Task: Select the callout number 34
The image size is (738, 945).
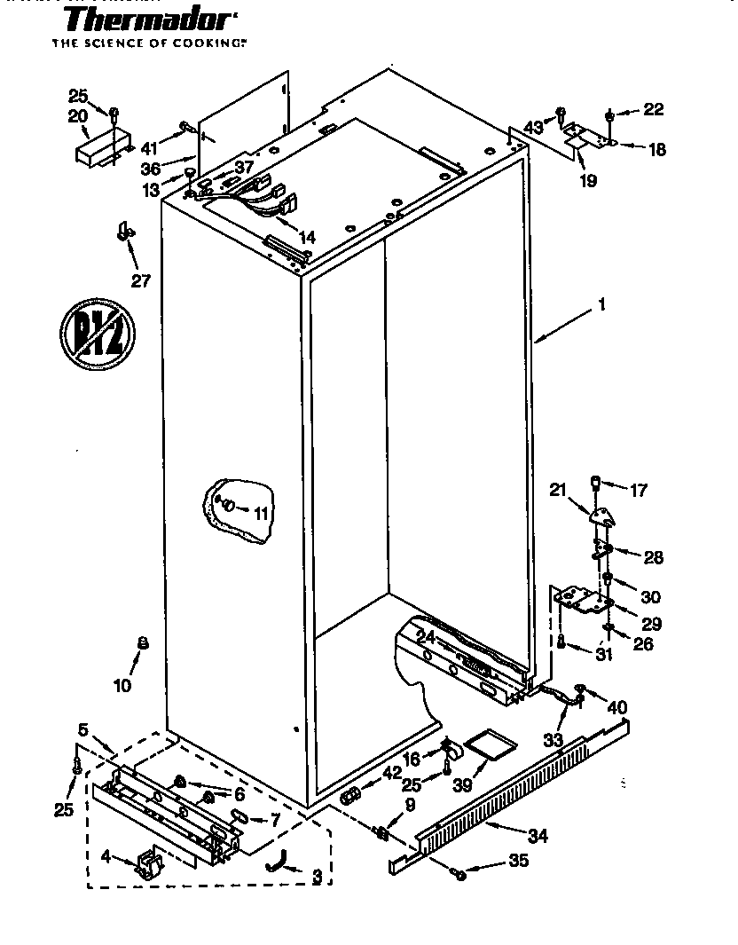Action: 538,836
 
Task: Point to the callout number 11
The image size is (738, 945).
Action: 260,512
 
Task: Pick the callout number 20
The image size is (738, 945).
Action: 77,116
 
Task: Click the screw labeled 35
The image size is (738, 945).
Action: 459,876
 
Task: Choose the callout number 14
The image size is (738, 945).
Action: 307,237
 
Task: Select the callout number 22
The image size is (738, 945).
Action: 653,109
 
